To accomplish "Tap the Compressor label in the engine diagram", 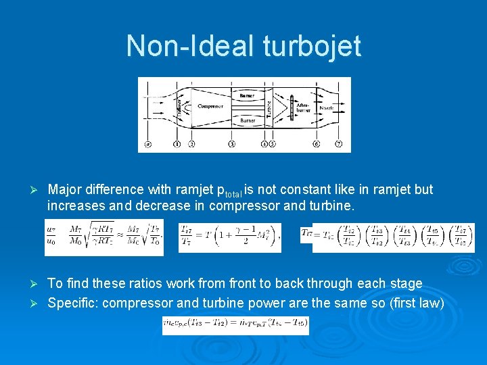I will click(x=210, y=106).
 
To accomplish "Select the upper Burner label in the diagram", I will click(x=248, y=95).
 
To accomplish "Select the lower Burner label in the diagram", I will click(x=248, y=121).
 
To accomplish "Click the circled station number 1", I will click(x=177, y=144).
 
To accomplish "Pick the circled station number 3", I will click(x=232, y=144).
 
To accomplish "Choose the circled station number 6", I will click(x=317, y=144).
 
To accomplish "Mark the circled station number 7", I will click(x=338, y=144).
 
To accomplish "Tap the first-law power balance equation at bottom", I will click(x=235, y=325).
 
